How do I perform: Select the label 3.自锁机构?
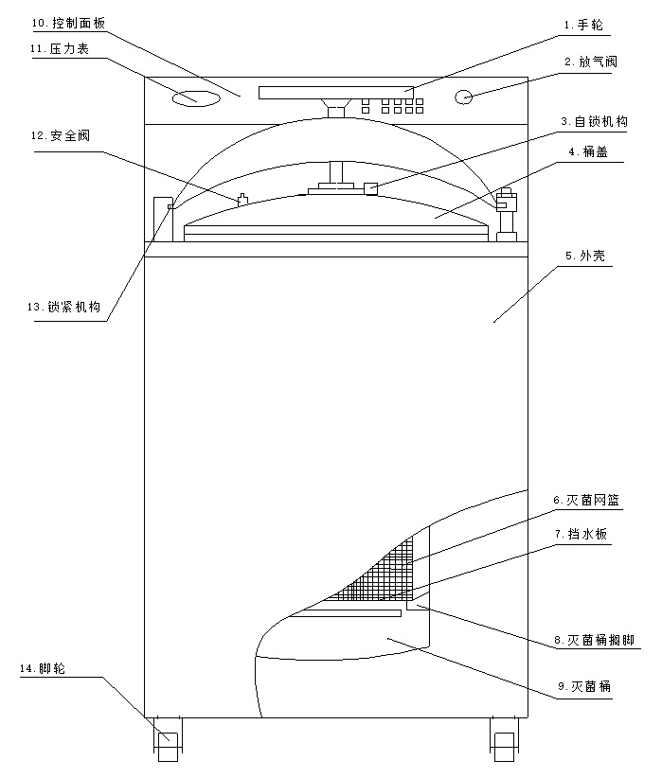[x=595, y=122]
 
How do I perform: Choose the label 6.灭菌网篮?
[x=587, y=501]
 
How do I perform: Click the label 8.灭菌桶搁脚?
[x=596, y=641]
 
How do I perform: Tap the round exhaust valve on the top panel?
[x=464, y=97]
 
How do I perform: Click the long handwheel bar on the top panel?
[x=335, y=93]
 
